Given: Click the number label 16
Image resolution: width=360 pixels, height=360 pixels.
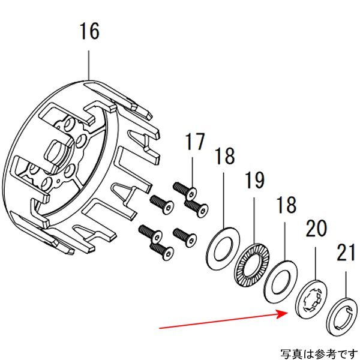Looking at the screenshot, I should pos(89,31).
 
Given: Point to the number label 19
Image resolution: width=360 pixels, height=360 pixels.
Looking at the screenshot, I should pos(254,181).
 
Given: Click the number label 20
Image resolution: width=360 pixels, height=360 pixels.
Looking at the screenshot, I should pos(316,229).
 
